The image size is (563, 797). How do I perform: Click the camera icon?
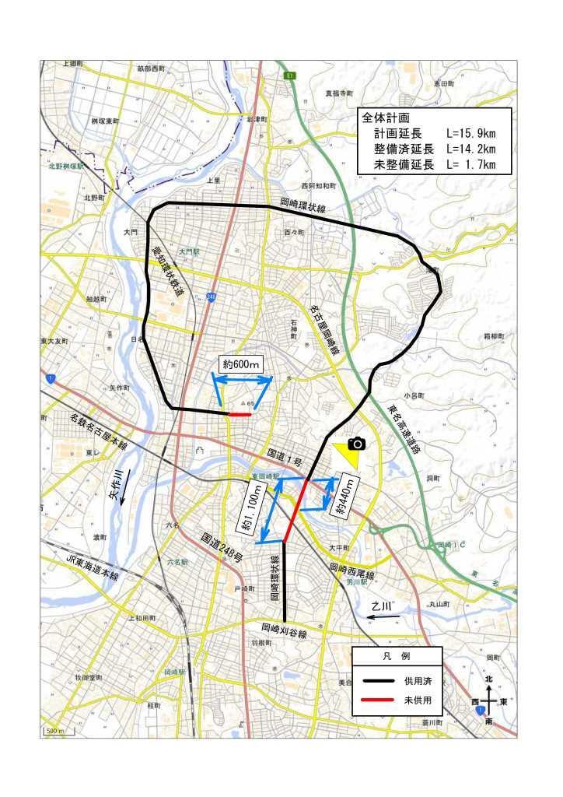356,444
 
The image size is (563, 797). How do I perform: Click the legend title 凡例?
397,657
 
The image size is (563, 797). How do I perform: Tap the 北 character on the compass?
488,680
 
